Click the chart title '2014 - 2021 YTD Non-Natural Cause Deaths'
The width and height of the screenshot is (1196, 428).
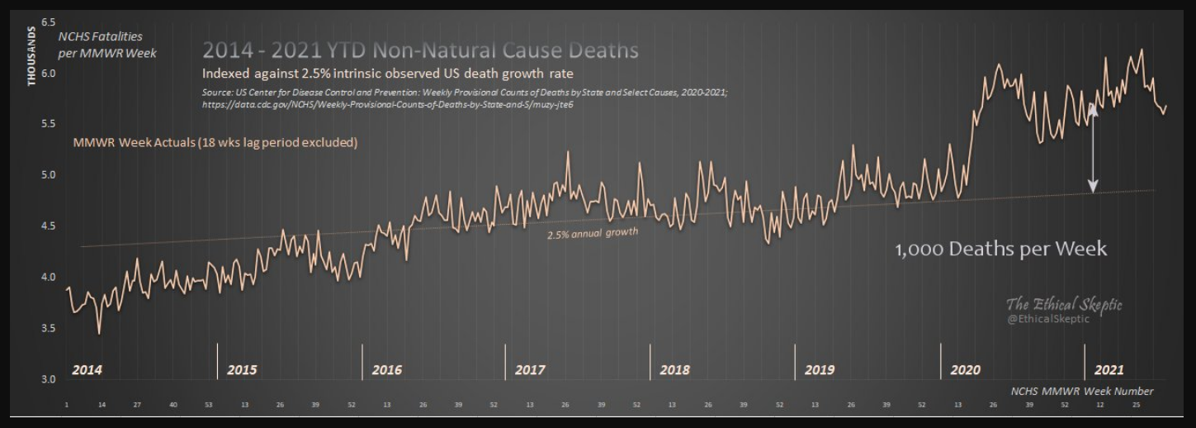pyautogui.click(x=420, y=50)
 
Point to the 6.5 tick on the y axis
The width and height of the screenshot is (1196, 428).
pyautogui.click(x=47, y=21)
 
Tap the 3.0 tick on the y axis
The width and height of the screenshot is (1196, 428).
pyautogui.click(x=47, y=379)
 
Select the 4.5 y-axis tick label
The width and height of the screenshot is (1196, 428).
pyautogui.click(x=47, y=226)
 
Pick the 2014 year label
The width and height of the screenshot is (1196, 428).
pyautogui.click(x=87, y=370)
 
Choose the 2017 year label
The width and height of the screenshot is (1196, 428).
pyautogui.click(x=529, y=370)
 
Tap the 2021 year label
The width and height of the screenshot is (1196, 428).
pyautogui.click(x=1109, y=370)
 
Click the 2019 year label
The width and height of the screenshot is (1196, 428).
pyautogui.click(x=819, y=370)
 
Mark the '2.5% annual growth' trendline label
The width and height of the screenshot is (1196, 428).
pyautogui.click(x=593, y=233)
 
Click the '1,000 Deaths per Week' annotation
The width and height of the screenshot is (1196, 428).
pyautogui.click(x=1000, y=250)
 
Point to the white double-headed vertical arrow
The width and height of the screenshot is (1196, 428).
pyautogui.click(x=1093, y=149)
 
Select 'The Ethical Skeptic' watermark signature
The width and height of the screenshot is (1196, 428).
pyautogui.click(x=1063, y=304)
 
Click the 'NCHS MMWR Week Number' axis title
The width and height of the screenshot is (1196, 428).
pyautogui.click(x=1081, y=391)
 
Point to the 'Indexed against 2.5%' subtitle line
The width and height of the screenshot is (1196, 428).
pyautogui.click(x=387, y=74)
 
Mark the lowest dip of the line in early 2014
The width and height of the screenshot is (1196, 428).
pyautogui.click(x=99, y=333)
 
